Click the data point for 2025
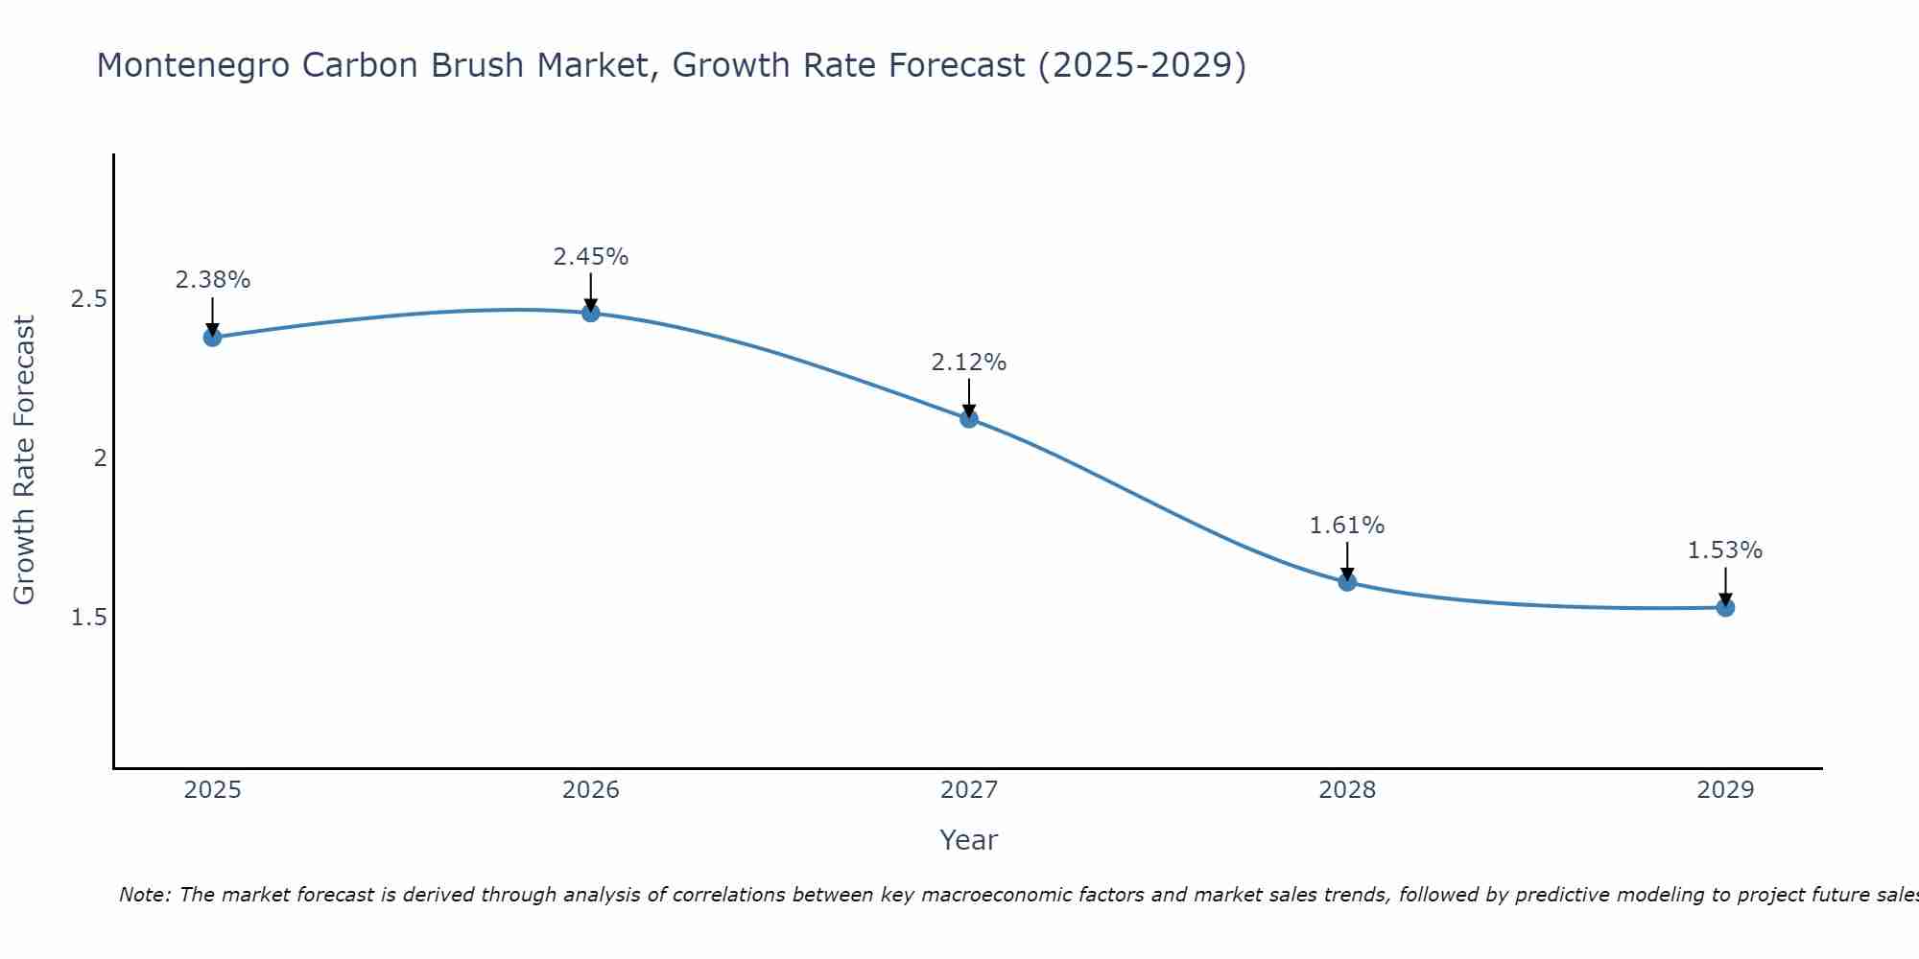click(212, 337)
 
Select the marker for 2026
click(590, 313)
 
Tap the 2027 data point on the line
click(968, 418)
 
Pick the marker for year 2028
click(1346, 581)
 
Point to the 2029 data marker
click(1724, 607)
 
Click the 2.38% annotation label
click(212, 280)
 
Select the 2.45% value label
click(590, 257)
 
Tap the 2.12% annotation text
click(968, 363)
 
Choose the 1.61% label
click(1346, 526)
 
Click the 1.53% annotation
click(1724, 550)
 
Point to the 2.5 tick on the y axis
click(88, 299)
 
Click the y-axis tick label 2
click(99, 458)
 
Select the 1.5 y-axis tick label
click(88, 617)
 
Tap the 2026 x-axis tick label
click(590, 790)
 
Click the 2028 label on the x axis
click(1346, 790)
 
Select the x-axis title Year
click(968, 840)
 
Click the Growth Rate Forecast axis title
click(24, 459)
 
